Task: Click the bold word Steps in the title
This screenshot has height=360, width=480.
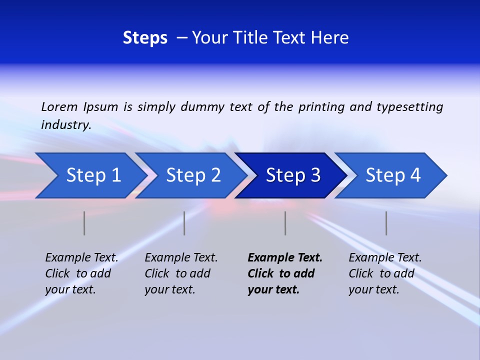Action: (x=145, y=38)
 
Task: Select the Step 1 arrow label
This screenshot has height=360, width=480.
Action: (x=93, y=175)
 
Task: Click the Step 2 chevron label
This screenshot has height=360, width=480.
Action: (x=193, y=175)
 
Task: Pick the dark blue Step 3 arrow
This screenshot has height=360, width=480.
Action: (x=293, y=175)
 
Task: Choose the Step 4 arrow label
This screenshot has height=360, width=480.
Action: (x=393, y=175)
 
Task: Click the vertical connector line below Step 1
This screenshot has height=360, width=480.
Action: (x=84, y=223)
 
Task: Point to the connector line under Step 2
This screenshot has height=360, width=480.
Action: (x=184, y=223)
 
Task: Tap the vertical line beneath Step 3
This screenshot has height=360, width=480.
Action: (x=285, y=223)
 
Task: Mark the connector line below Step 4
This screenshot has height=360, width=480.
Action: (x=386, y=223)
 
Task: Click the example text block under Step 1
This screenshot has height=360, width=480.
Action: (x=81, y=273)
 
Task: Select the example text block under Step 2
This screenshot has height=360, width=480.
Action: (x=181, y=273)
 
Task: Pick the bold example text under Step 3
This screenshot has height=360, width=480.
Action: (x=284, y=273)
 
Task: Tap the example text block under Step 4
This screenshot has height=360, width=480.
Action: (x=385, y=273)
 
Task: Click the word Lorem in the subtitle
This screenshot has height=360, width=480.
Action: (x=59, y=107)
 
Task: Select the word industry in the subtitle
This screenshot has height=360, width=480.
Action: (x=66, y=125)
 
